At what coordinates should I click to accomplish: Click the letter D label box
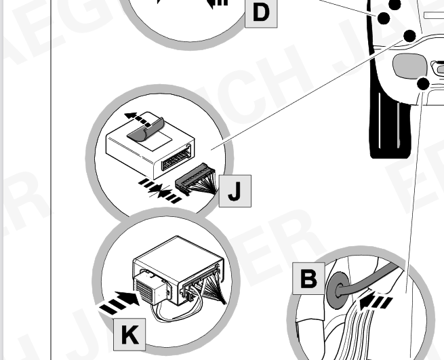260,12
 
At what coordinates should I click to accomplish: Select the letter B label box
308,278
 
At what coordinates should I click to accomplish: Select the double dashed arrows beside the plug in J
160,189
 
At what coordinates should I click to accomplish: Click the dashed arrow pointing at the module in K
115,302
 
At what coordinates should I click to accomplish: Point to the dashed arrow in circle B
376,299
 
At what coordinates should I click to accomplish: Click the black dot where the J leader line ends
409,35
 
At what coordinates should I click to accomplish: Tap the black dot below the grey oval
424,84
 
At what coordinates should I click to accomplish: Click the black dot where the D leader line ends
384,18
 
